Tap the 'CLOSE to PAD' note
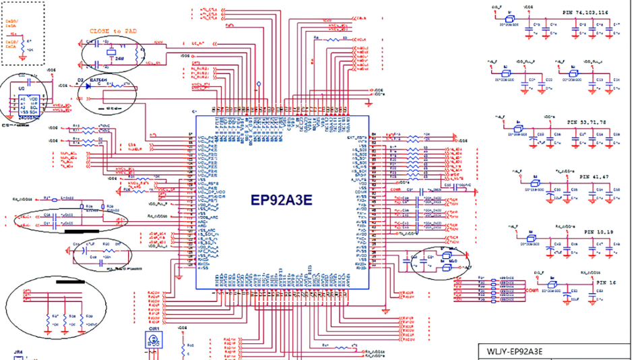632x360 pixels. click(113, 31)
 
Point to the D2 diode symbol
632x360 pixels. click(82, 86)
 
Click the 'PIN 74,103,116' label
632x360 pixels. click(585, 13)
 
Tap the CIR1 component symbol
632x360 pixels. click(154, 340)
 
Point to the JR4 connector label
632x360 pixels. click(19, 353)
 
